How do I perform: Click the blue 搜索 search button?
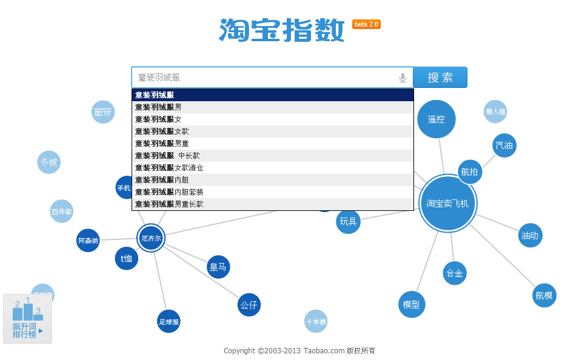pyautogui.click(x=440, y=78)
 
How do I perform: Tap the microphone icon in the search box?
pyautogui.click(x=403, y=78)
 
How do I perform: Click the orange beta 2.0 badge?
pyautogui.click(x=366, y=24)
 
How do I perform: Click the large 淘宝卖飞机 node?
pyautogui.click(x=447, y=204)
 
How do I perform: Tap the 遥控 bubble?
pyautogui.click(x=436, y=119)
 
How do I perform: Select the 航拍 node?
pyautogui.click(x=469, y=172)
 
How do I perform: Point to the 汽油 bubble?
pyautogui.click(x=504, y=145)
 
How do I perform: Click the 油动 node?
pyautogui.click(x=530, y=235)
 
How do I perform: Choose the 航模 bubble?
pyautogui.click(x=544, y=295)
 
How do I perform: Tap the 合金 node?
pyautogui.click(x=454, y=273)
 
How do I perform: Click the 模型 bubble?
pyautogui.click(x=411, y=304)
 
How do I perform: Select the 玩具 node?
pyautogui.click(x=348, y=221)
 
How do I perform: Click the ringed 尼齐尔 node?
pyautogui.click(x=151, y=238)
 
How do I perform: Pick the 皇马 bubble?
pyautogui.click(x=218, y=267)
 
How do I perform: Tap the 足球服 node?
pyautogui.click(x=169, y=322)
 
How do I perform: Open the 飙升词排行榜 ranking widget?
pyautogui.click(x=27, y=319)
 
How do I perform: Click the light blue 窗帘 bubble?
pyautogui.click(x=103, y=112)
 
